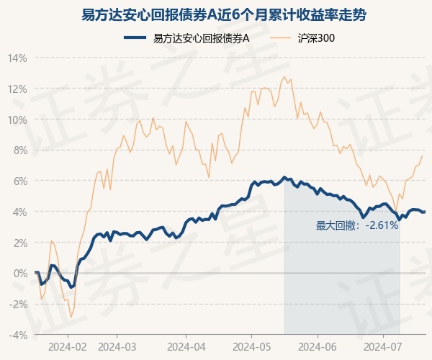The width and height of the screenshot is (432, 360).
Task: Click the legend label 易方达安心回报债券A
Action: (x=201, y=38)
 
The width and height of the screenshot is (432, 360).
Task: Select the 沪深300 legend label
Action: (x=315, y=38)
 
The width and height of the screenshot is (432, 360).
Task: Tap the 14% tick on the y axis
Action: (x=18, y=58)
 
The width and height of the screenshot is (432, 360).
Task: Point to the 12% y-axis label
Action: (x=18, y=89)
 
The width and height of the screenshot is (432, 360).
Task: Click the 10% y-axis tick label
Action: (x=18, y=120)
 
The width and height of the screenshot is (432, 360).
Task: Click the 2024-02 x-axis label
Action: (x=68, y=346)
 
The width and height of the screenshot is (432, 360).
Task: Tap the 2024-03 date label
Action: (x=117, y=346)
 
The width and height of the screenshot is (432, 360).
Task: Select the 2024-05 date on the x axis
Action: (x=251, y=346)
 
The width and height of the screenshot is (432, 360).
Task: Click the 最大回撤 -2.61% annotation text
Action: (x=356, y=226)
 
